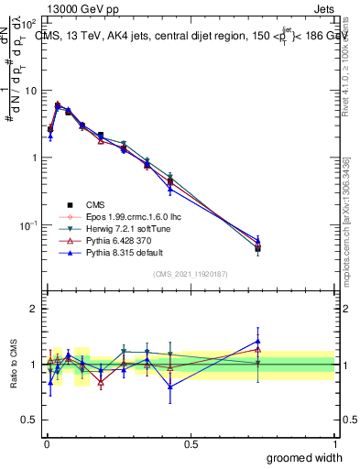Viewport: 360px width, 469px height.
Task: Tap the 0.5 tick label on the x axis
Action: pyautogui.click(x=191, y=443)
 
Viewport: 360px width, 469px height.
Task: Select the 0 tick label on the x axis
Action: pyautogui.click(x=46, y=443)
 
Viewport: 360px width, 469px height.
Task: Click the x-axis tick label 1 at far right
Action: pyautogui.click(x=334, y=443)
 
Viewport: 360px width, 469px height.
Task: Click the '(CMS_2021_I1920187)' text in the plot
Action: pyautogui.click(x=191, y=274)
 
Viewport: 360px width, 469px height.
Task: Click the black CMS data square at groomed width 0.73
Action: pyautogui.click(x=258, y=248)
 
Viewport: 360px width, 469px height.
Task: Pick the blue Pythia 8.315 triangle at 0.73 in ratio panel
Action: pyautogui.click(x=258, y=341)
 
